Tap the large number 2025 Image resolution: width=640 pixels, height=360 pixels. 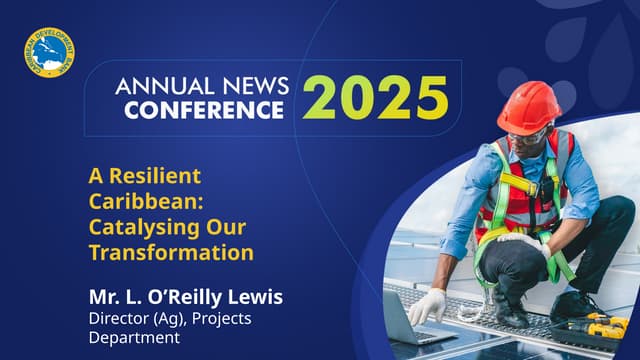(x=376, y=97)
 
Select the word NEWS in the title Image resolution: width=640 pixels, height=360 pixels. (x=256, y=85)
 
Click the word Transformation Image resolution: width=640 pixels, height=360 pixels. (x=171, y=252)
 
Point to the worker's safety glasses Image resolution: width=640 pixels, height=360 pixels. (x=529, y=135)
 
